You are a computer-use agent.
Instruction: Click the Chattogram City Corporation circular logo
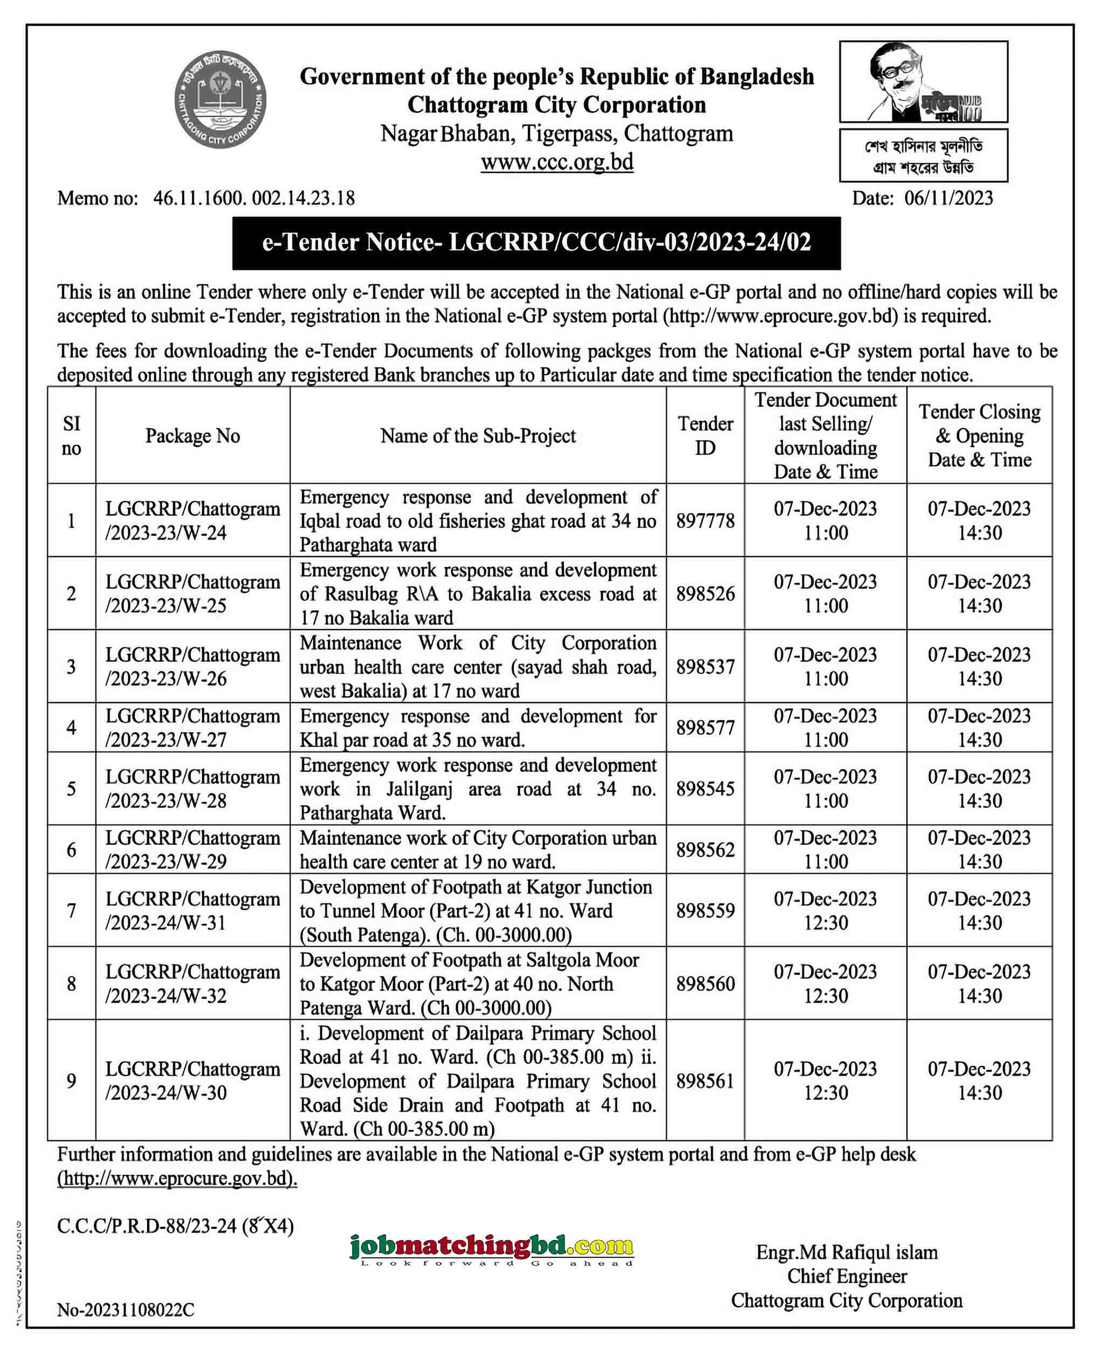(220, 100)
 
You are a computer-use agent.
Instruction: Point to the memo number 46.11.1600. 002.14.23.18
(253, 198)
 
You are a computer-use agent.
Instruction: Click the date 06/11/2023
(948, 198)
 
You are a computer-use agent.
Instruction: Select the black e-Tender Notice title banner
(536, 243)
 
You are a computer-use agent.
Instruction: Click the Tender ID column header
(705, 436)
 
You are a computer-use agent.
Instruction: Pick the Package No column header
(193, 436)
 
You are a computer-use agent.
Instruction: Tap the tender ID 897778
(705, 520)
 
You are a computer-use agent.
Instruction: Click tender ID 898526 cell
(705, 594)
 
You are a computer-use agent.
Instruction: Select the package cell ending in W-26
(193, 666)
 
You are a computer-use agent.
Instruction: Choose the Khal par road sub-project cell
(478, 728)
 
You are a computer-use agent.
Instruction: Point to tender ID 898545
(705, 789)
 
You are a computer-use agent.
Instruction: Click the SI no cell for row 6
(71, 850)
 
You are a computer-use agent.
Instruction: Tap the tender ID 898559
(705, 911)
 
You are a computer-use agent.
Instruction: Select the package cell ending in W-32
(193, 983)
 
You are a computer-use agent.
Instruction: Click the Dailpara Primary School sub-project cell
(478, 1080)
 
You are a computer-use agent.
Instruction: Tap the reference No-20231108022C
(126, 1310)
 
